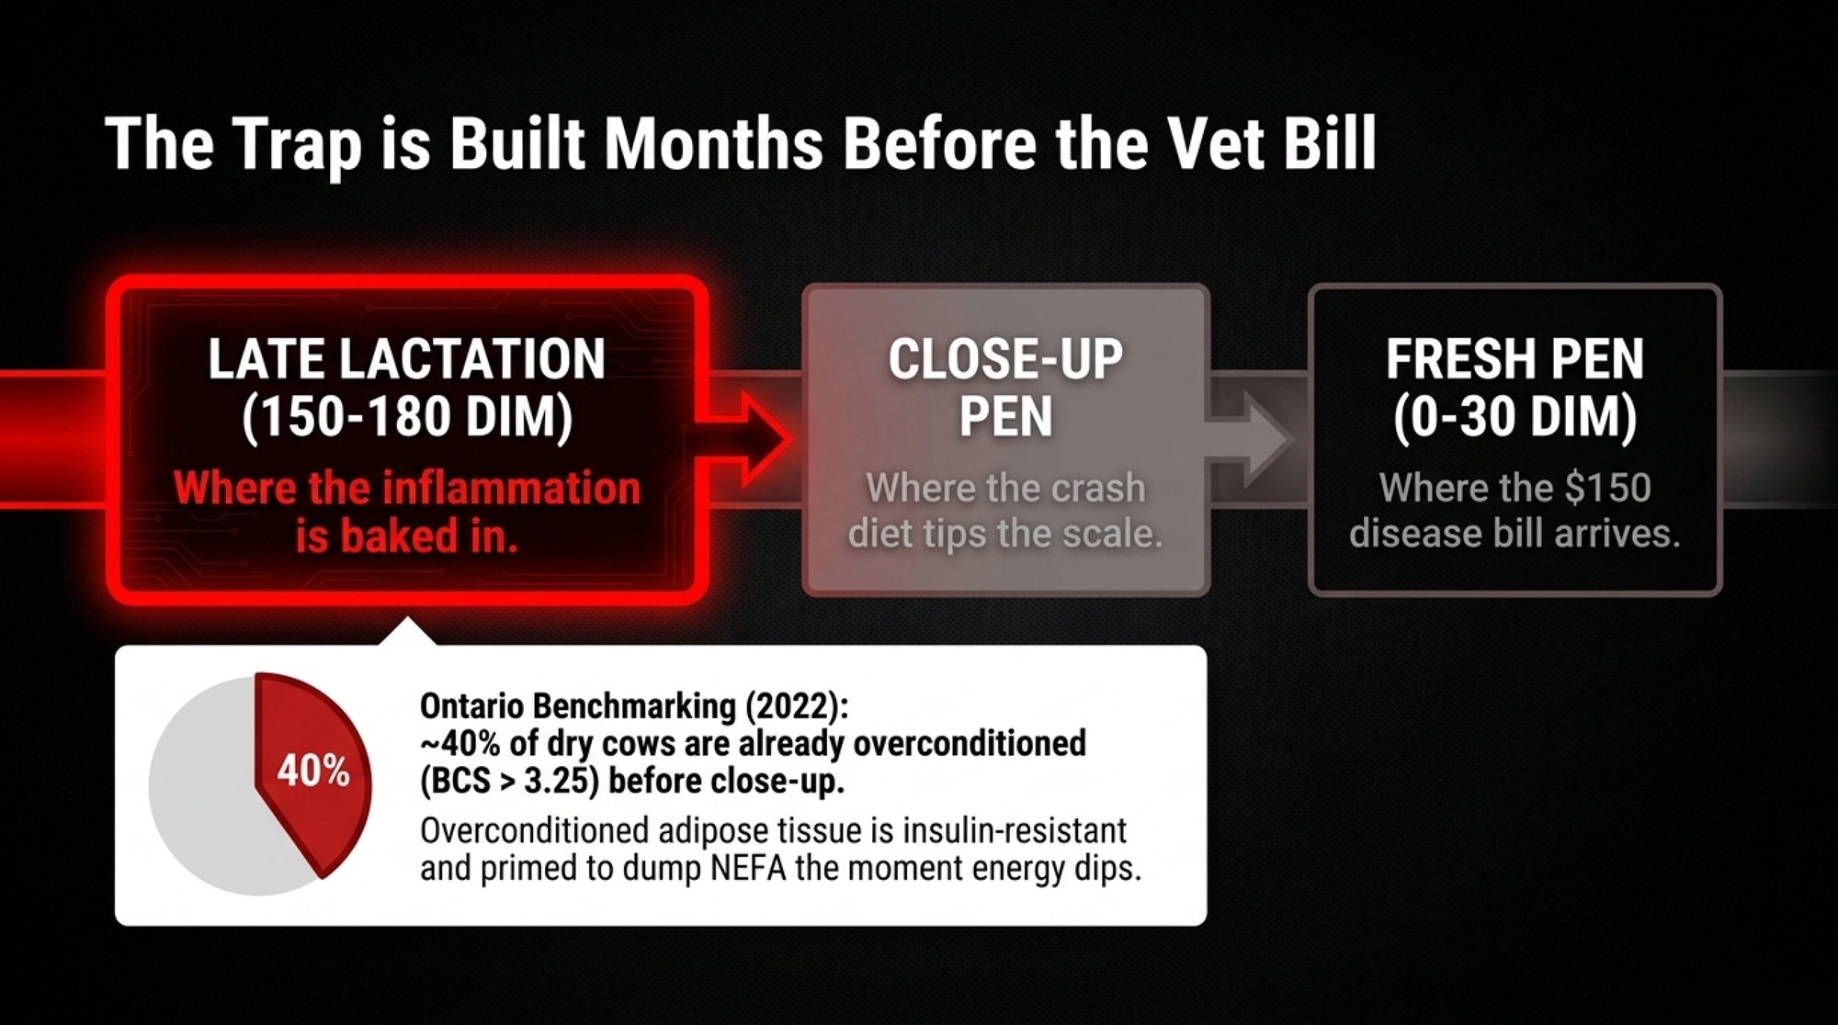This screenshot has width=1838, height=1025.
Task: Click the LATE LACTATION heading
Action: coord(407,358)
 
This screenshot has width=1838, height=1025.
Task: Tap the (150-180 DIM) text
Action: coord(407,417)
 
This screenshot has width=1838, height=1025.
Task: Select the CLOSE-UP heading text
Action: coord(1005,358)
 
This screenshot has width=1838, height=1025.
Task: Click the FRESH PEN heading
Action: coord(1515,358)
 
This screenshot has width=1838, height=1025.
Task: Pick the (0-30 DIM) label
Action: coord(1515,417)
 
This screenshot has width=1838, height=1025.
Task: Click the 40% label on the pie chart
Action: coord(313,771)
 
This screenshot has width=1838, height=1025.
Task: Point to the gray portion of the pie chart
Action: coord(202,790)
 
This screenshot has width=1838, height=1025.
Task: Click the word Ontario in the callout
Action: coord(472,705)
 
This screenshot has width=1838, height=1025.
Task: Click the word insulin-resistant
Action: coord(1015,830)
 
